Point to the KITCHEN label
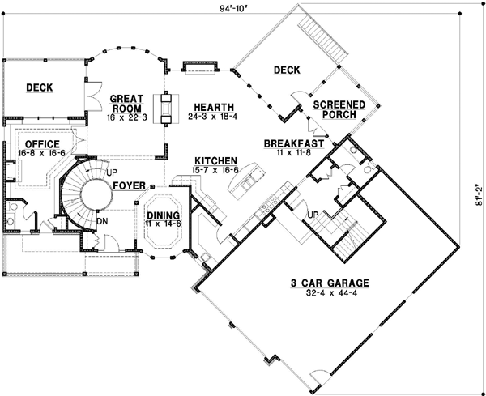tap(214, 161)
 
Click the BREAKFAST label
tap(294, 143)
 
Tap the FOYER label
tap(130, 185)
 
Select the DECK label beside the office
tap(40, 87)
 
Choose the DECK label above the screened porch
tap(286, 70)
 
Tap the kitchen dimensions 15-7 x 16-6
tap(214, 170)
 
